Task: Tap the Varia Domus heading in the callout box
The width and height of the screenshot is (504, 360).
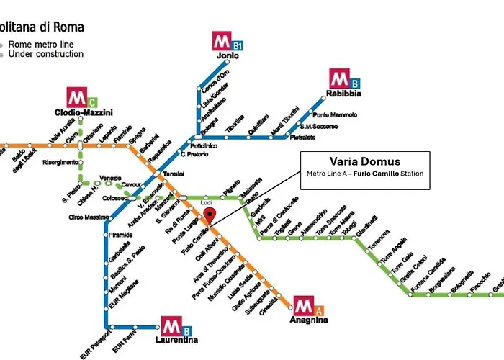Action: pyautogui.click(x=364, y=161)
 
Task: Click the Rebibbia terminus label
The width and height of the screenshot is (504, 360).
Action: pyautogui.click(x=345, y=94)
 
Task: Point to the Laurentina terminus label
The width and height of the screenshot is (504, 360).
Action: pyautogui.click(x=177, y=340)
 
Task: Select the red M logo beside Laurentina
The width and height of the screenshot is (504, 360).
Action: pyautogui.click(x=171, y=325)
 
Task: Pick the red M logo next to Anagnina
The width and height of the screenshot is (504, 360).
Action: pyautogui.click(x=302, y=305)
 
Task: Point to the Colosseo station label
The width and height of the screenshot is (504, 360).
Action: pyautogui.click(x=114, y=198)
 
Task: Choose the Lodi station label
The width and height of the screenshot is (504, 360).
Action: pyautogui.click(x=206, y=204)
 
